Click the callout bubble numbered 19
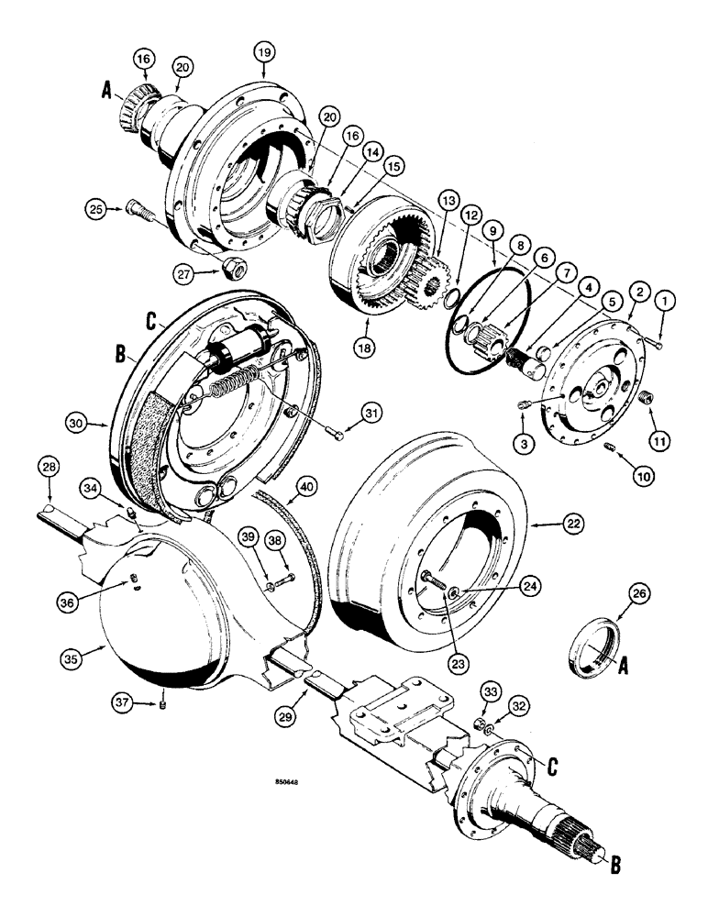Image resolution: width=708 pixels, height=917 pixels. coord(265,54)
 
